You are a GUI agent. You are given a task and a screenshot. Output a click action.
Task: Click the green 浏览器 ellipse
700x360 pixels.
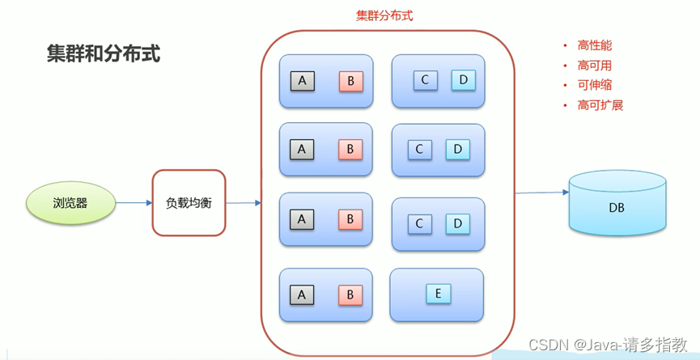(70, 203)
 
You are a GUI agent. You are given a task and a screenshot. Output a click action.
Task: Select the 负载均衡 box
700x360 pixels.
(189, 203)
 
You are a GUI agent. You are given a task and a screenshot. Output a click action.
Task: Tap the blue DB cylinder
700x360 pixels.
(617, 207)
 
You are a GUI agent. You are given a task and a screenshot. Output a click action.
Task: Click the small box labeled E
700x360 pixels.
(438, 294)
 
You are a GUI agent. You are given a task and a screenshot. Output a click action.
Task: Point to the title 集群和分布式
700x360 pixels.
(103, 54)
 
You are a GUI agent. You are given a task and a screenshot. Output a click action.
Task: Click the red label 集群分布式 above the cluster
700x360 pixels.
(384, 15)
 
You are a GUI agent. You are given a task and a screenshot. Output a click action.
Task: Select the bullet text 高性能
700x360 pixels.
(594, 46)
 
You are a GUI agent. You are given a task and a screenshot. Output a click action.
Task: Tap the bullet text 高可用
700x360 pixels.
(594, 66)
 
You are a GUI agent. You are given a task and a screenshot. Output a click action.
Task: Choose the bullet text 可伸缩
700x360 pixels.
(594, 85)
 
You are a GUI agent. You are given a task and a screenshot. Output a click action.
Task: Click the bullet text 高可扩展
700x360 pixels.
(600, 105)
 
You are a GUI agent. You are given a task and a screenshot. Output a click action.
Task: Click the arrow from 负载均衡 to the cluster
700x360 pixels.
(243, 202)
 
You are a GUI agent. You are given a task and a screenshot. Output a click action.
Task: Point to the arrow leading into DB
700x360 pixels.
(542, 193)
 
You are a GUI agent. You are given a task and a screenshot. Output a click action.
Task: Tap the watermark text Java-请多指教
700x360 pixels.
(632, 345)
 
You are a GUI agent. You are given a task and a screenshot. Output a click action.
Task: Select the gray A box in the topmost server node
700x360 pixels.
(302, 81)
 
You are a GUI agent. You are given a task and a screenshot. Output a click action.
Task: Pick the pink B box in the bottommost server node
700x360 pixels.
(350, 294)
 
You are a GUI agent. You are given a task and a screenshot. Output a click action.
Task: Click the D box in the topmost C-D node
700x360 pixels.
(463, 80)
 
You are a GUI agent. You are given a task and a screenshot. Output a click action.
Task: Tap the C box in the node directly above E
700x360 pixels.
(419, 222)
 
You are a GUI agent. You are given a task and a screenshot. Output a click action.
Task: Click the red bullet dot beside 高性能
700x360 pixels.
(566, 46)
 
